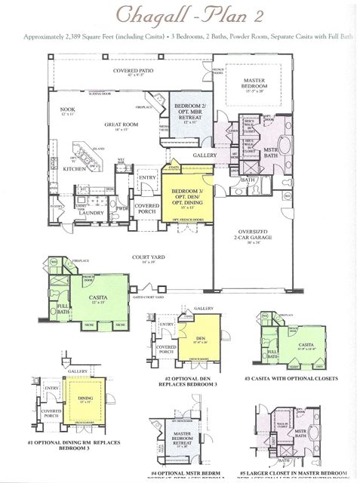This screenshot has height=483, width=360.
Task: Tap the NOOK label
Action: point(69,111)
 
